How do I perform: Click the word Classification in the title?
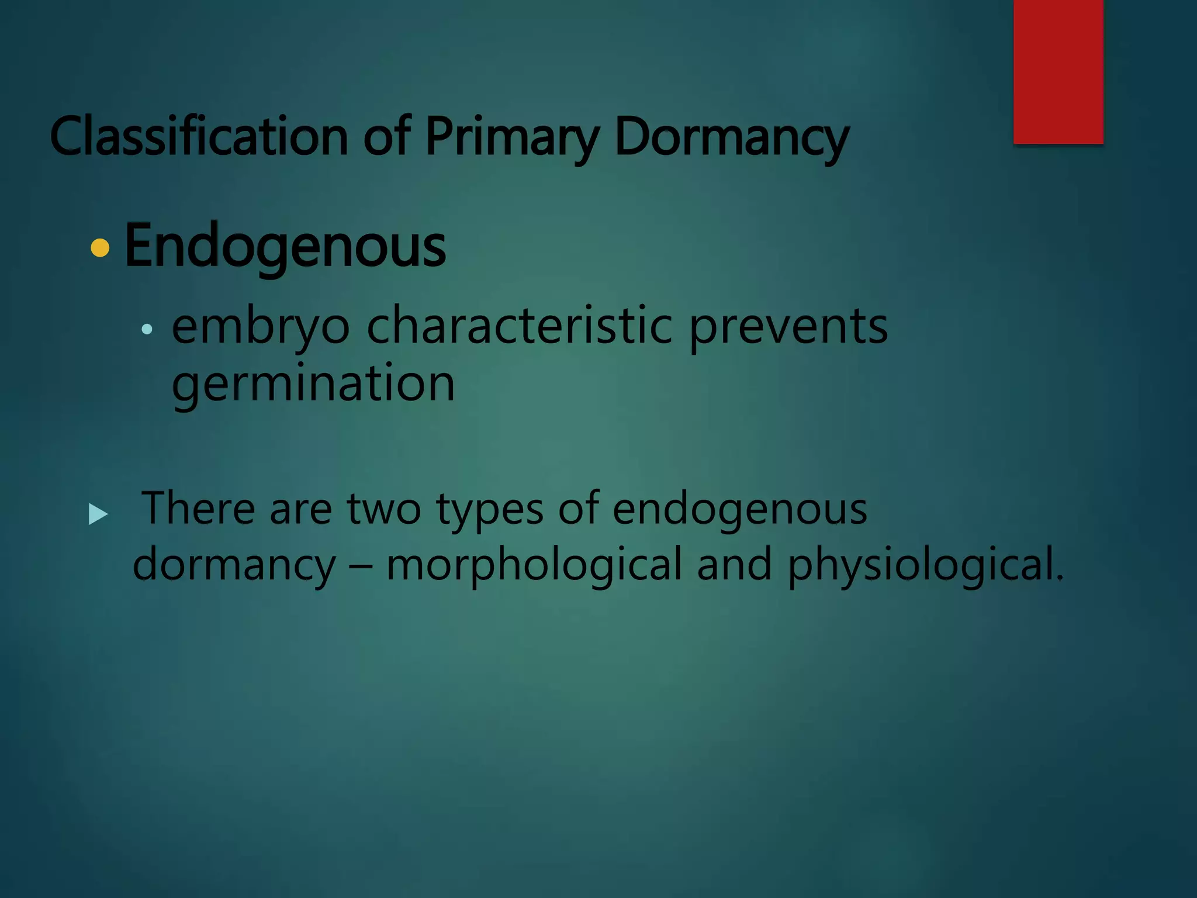[199, 137]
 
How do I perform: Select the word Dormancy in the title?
[731, 137]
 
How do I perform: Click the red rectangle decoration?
[1058, 71]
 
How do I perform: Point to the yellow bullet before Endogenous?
[101, 248]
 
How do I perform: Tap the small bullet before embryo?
[147, 330]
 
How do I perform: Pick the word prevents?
[788, 326]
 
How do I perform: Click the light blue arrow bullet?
[98, 514]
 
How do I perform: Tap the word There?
[198, 507]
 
